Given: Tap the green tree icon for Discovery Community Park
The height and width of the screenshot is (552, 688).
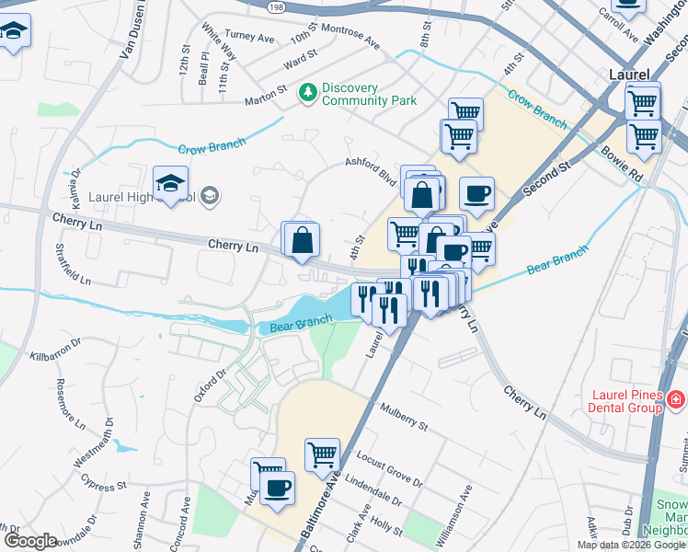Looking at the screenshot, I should [x=307, y=92].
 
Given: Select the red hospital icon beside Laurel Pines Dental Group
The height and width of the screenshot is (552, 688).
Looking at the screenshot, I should [x=676, y=399].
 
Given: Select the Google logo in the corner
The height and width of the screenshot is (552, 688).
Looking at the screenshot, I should [x=29, y=541].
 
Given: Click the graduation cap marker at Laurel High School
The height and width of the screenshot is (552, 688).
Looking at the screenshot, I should [x=170, y=186].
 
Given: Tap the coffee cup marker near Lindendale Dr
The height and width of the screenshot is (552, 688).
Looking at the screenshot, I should [x=277, y=489].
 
